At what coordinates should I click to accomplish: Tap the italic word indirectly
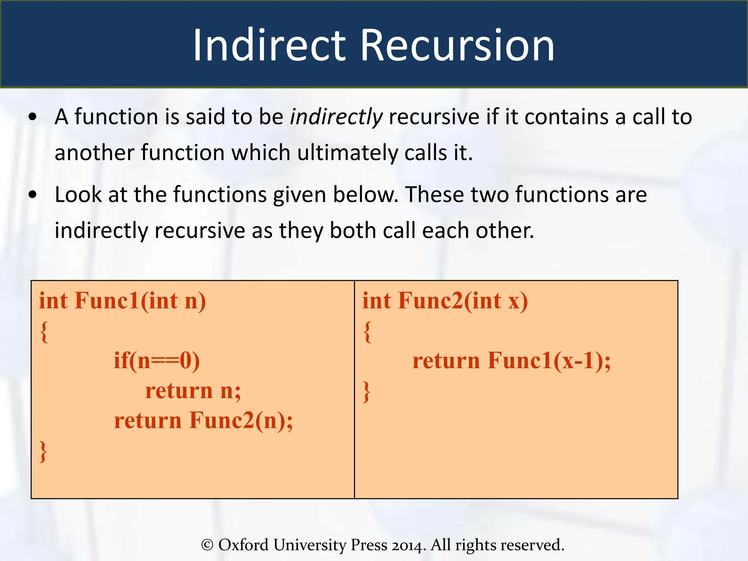point(336,118)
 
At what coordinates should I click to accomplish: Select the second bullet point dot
point(33,195)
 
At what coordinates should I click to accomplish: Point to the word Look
point(78,195)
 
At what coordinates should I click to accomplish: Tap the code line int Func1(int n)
point(123,301)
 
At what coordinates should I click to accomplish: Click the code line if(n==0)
point(157,361)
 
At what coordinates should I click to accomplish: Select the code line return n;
point(193,391)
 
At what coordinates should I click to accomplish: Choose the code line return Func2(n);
point(203,421)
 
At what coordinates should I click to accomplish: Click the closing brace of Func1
point(43,451)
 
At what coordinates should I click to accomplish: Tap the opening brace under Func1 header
point(44,332)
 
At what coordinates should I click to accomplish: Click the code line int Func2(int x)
point(445,301)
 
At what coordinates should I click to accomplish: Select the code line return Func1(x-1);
point(511,361)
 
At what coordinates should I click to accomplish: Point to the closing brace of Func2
point(367,392)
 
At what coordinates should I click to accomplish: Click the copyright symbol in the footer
point(207,545)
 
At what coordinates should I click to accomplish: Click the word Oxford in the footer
point(243,545)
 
